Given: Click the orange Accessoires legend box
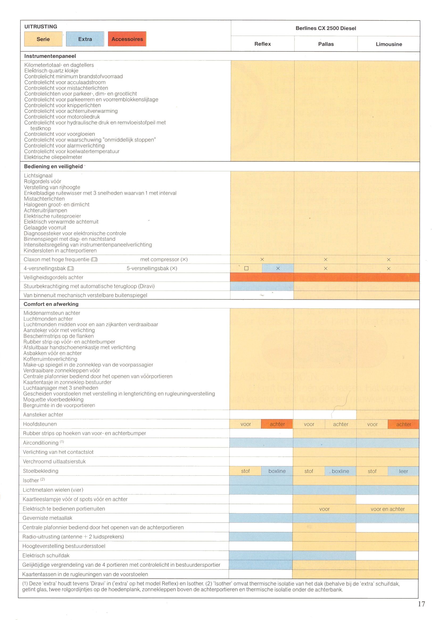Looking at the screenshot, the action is click(x=127, y=39).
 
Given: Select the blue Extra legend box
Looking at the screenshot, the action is click(x=85, y=39).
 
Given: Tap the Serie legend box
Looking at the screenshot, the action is click(x=43, y=39).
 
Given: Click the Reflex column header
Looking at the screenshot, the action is click(x=262, y=44).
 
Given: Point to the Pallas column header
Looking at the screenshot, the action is click(x=326, y=44).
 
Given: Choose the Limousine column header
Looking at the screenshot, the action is click(x=389, y=44).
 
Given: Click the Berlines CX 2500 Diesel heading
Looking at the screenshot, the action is click(x=326, y=28).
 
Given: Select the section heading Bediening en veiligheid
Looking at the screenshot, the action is click(x=53, y=166).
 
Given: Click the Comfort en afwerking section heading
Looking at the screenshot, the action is click(x=51, y=304).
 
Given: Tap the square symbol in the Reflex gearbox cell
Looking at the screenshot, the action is click(x=246, y=268).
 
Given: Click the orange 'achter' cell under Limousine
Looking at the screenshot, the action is click(x=403, y=424).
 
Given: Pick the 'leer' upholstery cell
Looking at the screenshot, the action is click(x=403, y=471).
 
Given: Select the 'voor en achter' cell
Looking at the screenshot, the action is click(x=388, y=509).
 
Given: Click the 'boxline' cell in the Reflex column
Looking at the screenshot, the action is click(x=277, y=471).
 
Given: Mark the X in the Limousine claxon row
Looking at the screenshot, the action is click(x=389, y=259).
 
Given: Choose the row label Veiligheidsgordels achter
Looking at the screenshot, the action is click(x=53, y=277).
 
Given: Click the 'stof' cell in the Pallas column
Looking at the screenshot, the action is click(x=309, y=471).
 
